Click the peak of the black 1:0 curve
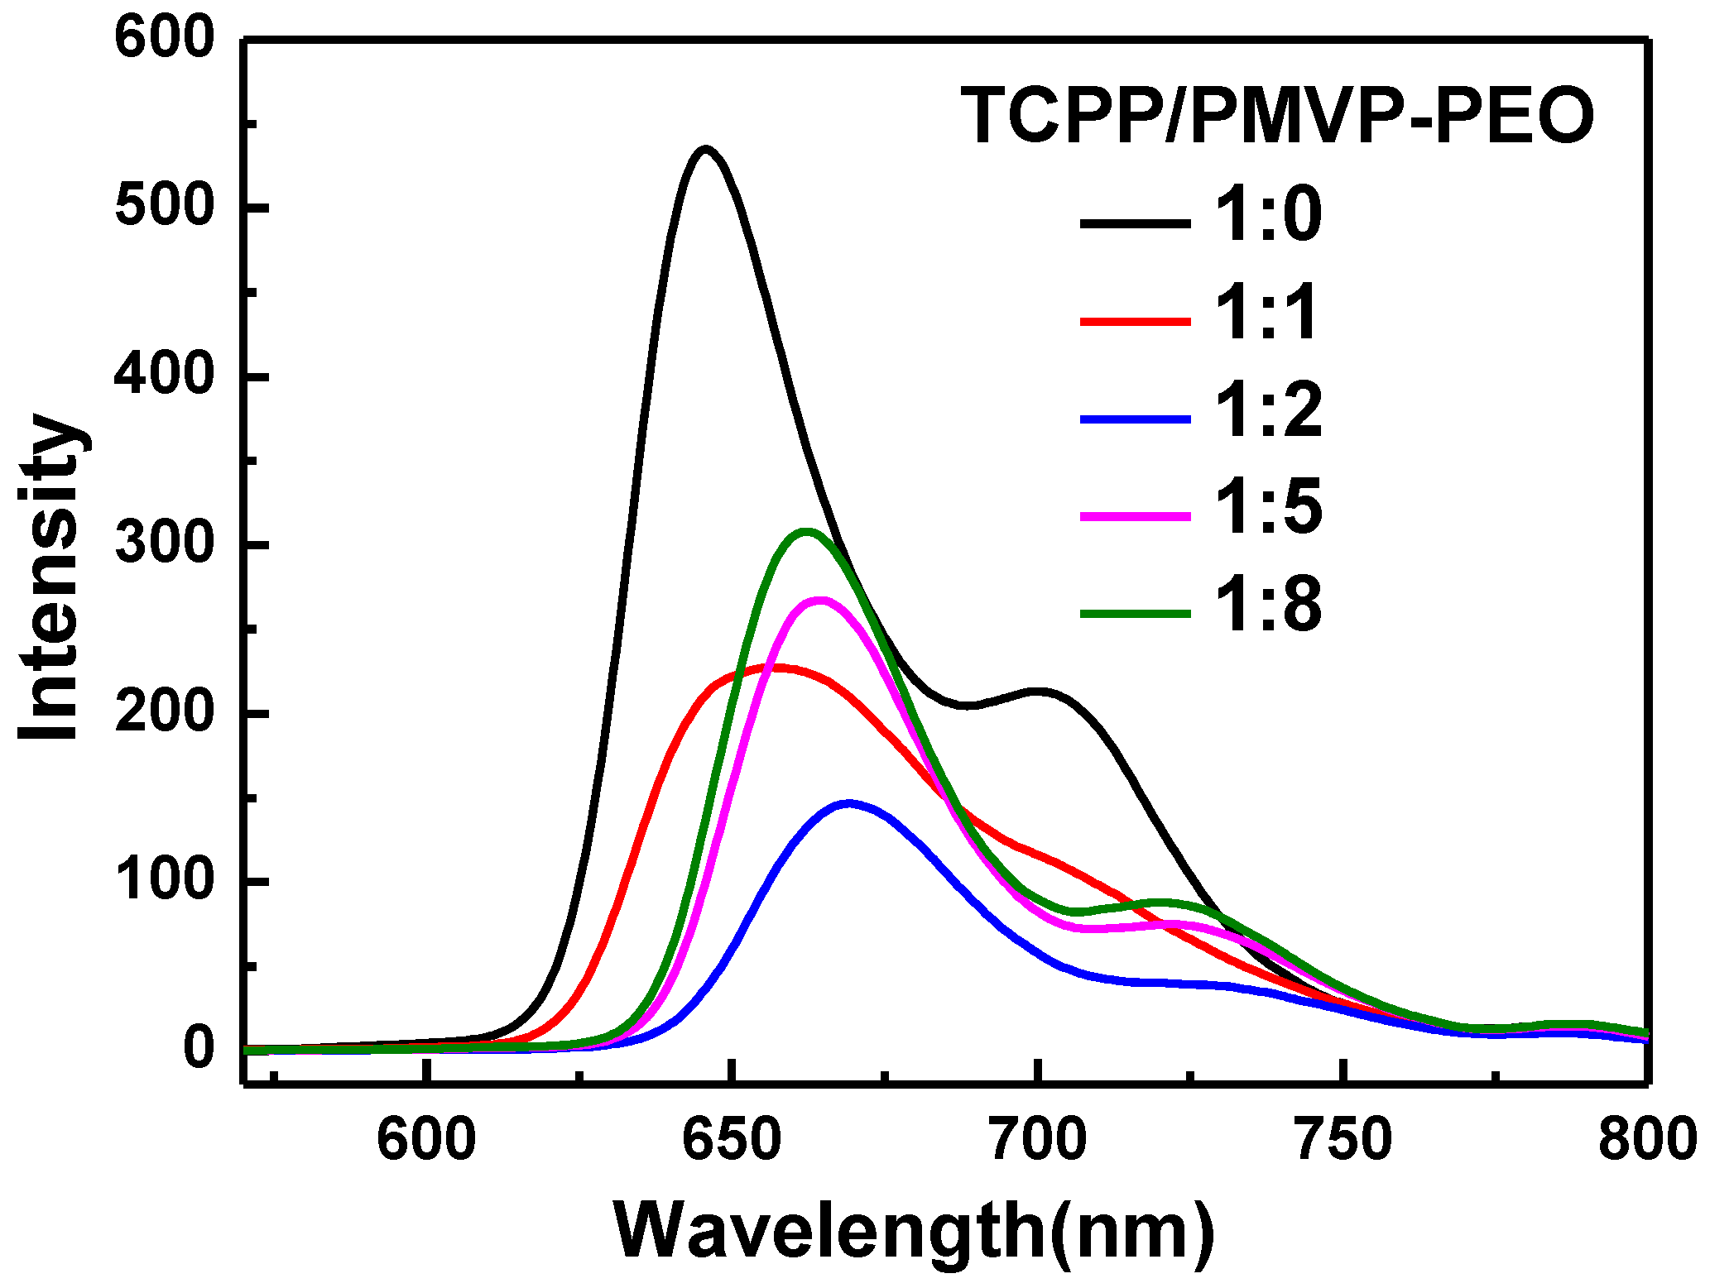click(x=705, y=150)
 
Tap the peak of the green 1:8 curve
click(x=806, y=531)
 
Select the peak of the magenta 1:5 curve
click(x=819, y=601)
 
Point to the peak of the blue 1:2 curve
click(x=848, y=803)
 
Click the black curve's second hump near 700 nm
click(x=1038, y=691)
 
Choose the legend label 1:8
click(x=1267, y=606)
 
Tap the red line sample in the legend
click(x=1135, y=320)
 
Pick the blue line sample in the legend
click(x=1135, y=419)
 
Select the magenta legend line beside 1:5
click(x=1135, y=516)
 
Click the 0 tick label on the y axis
click(x=199, y=1048)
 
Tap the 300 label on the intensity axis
click(x=165, y=544)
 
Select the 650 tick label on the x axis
click(x=732, y=1140)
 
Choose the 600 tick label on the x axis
click(x=425, y=1140)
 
